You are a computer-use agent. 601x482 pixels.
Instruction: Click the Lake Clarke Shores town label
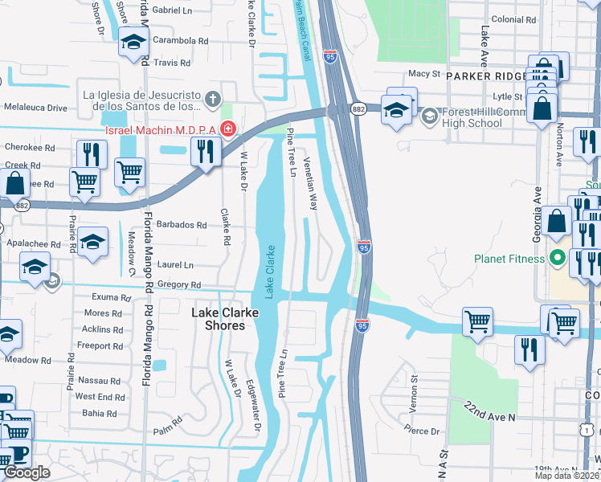[x=217, y=318]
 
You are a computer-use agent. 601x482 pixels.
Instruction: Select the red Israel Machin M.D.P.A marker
[x=228, y=129]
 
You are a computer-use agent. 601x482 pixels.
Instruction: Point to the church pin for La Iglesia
[x=212, y=100]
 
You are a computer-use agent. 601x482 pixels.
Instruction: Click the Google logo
[x=27, y=472]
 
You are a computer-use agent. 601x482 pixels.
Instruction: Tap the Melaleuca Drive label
[x=35, y=107]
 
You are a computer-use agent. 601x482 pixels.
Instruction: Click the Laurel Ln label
[x=177, y=264]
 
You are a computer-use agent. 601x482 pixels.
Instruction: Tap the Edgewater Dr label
[x=250, y=402]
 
